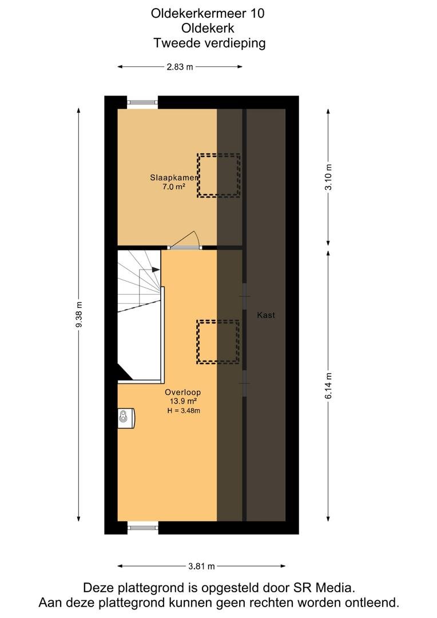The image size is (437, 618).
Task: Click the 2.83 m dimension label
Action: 180,66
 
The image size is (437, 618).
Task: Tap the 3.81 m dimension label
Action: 201,566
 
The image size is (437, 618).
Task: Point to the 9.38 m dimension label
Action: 79,315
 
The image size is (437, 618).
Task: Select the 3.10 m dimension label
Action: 328,177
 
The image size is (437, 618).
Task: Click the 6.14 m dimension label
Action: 328,386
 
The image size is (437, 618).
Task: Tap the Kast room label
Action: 266,315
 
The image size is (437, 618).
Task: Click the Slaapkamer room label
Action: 174,178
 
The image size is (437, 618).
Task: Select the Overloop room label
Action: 183,392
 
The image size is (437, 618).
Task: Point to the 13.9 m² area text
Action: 183,401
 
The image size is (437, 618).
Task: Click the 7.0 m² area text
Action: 174,187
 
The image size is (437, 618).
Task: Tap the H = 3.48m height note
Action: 184,411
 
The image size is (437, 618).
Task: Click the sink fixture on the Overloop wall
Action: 126,418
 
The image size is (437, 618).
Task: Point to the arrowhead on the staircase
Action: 156,270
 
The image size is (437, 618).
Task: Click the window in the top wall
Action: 142,102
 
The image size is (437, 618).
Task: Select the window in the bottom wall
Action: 142,528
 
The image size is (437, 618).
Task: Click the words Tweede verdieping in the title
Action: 209,43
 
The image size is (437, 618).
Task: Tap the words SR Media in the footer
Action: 323,588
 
